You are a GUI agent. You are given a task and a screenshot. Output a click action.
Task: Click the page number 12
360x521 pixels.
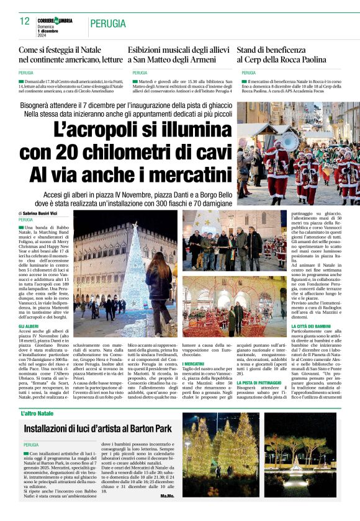24,21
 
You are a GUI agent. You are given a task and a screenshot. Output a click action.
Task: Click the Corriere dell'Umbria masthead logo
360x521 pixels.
55,20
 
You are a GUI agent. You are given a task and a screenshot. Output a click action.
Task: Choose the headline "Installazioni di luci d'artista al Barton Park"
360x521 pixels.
97,429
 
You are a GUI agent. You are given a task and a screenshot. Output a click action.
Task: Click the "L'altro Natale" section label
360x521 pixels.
38,413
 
